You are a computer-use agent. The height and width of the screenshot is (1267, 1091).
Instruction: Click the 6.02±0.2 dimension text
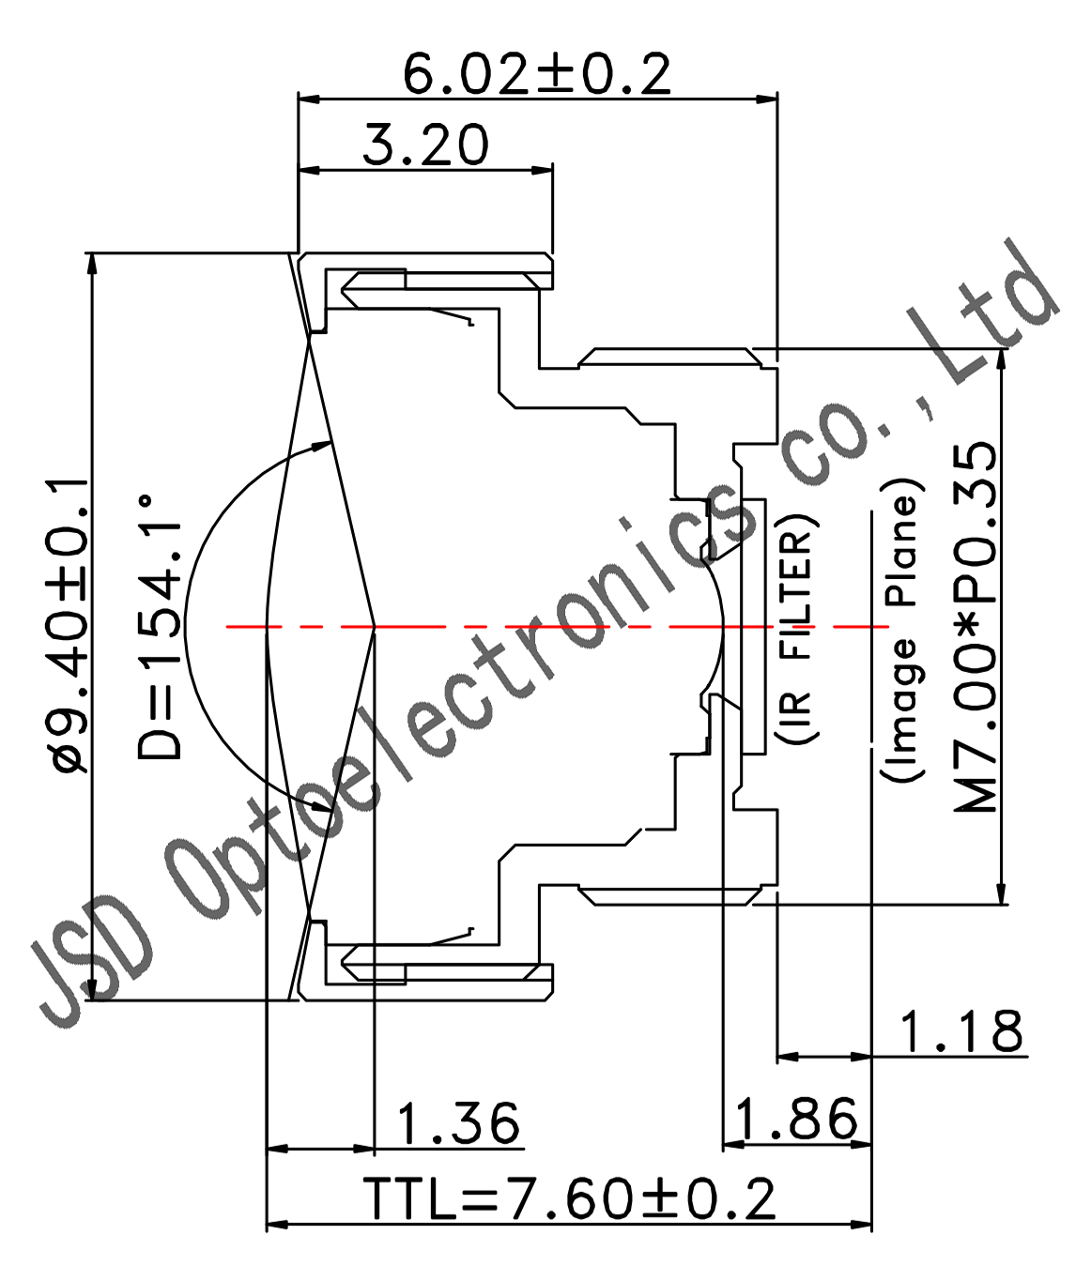537,74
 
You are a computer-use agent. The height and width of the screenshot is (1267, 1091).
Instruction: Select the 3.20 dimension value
426,145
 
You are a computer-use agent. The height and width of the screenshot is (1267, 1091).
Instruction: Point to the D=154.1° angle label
160,627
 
